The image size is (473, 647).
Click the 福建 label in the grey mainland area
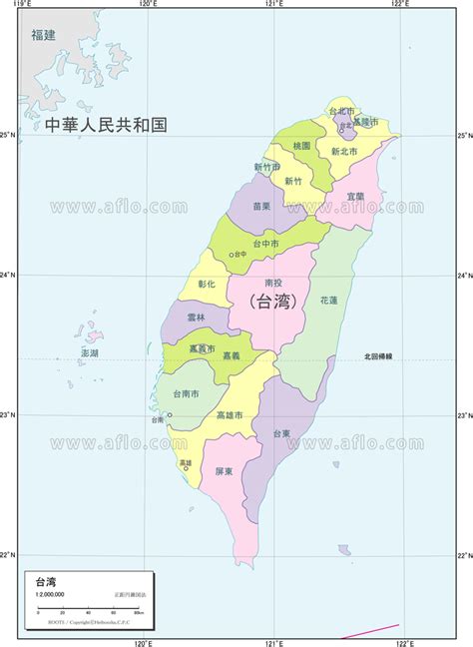(43, 36)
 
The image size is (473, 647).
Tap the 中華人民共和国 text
(106, 126)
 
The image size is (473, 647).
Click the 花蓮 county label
(329, 300)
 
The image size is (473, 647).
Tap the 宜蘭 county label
(355, 196)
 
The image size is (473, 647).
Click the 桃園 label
(302, 146)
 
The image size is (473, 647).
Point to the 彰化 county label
(207, 285)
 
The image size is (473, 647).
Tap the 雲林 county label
(196, 318)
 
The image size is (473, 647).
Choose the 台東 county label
(281, 433)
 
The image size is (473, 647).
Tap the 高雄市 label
(230, 414)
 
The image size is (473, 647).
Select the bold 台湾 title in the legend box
(45, 582)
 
